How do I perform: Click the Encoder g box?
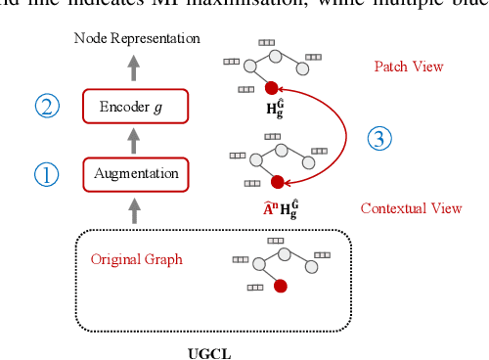pyautogui.click(x=135, y=105)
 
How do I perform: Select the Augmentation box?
pyautogui.click(x=135, y=174)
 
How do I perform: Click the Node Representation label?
pyautogui.click(x=136, y=38)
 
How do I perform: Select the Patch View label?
pyautogui.click(x=409, y=67)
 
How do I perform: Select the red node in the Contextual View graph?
pyautogui.click(x=277, y=182)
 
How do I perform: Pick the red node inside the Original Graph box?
pyautogui.click(x=281, y=287)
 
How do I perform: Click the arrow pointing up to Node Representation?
pyautogui.click(x=135, y=67)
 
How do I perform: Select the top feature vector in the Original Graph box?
pyautogui.click(x=275, y=240)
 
